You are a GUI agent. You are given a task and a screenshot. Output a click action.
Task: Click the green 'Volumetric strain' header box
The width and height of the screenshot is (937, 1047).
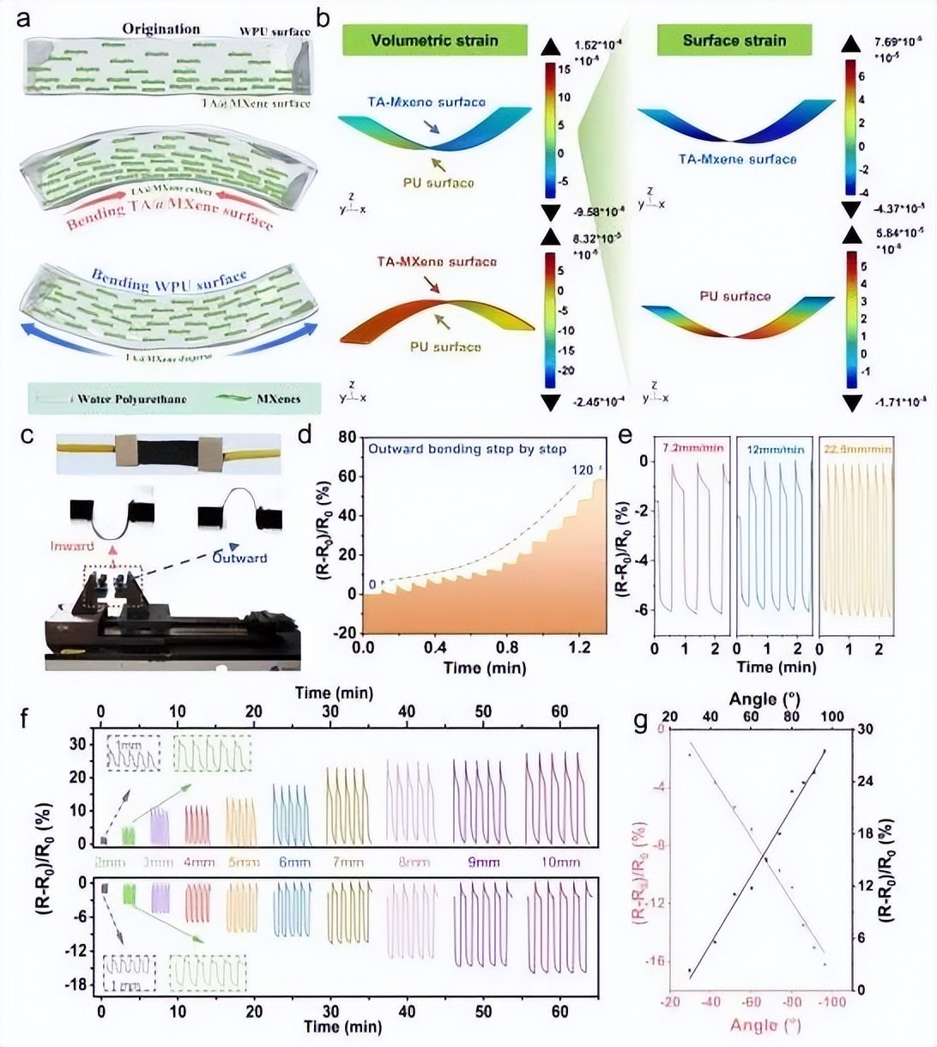coord(433,40)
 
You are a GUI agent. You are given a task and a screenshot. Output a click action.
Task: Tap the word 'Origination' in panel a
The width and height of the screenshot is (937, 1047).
coord(160,29)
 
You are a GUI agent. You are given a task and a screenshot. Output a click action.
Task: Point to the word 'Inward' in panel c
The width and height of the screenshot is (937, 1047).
coord(72,547)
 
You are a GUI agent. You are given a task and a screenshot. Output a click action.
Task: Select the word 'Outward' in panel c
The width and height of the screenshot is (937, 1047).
coord(241,558)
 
